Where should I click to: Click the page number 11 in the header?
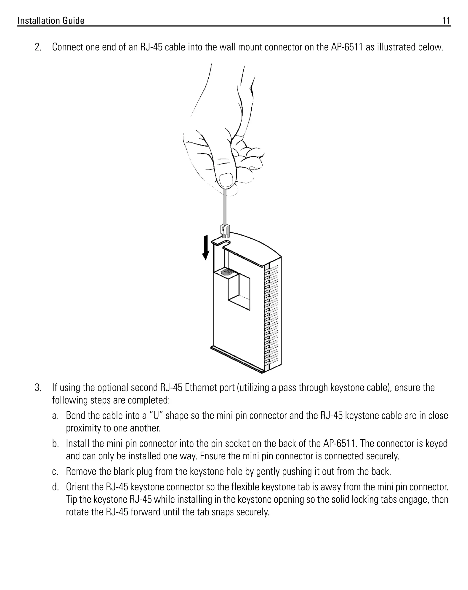[446, 21]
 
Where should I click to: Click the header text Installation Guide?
[51, 21]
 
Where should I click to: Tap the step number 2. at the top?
[38, 47]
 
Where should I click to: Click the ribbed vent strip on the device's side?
[272, 315]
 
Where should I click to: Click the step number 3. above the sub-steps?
[38, 388]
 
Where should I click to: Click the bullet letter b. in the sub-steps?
[56, 444]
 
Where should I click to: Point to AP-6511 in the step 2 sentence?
[346, 47]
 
